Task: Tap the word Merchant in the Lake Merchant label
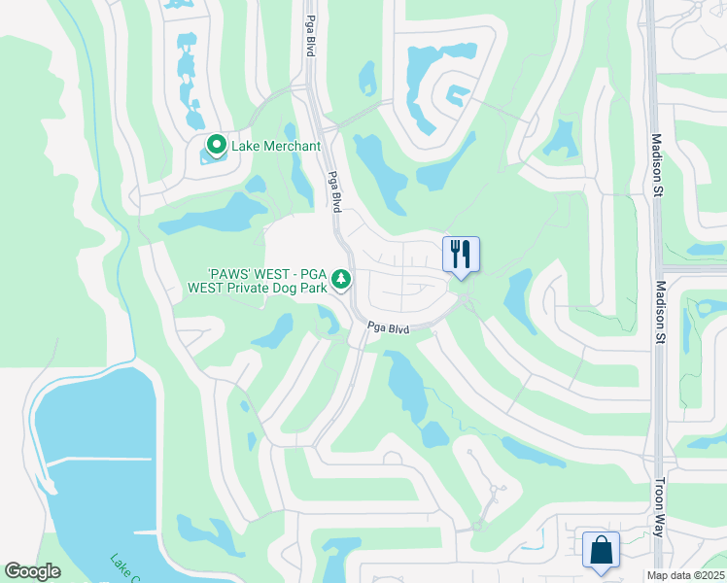291,147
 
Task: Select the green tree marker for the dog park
340,280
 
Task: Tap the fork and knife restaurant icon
461,255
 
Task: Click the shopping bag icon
601,549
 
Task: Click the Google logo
33,571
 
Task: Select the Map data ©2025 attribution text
684,575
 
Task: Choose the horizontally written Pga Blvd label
388,328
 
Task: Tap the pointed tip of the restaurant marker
461,280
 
